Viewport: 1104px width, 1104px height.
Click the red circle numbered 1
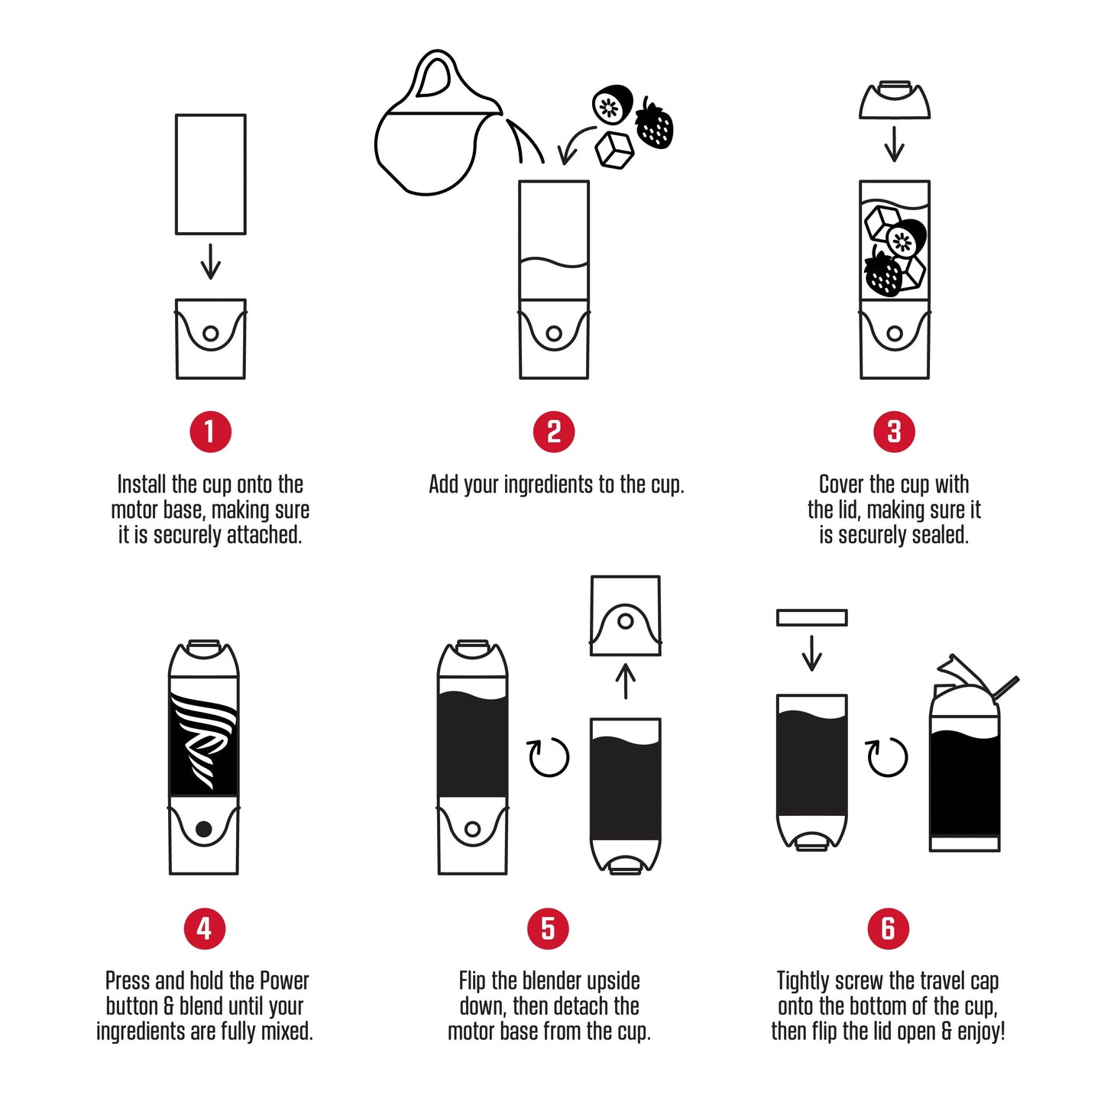pos(210,432)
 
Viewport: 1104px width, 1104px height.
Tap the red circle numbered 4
pos(204,928)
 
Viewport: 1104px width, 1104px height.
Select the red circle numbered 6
pos(888,928)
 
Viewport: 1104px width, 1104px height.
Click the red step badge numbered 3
pos(894,432)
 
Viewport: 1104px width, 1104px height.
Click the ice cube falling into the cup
pos(614,150)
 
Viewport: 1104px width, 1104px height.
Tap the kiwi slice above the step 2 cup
pos(612,105)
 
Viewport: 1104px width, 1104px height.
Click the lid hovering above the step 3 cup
pos(895,101)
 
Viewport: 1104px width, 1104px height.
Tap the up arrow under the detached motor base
pos(626,682)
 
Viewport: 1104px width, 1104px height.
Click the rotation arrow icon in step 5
pos(549,757)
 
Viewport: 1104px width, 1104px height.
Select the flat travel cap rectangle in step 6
pos(811,617)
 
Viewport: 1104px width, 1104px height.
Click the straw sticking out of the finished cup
pos(1005,688)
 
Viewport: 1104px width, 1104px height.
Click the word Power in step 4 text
pos(284,981)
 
